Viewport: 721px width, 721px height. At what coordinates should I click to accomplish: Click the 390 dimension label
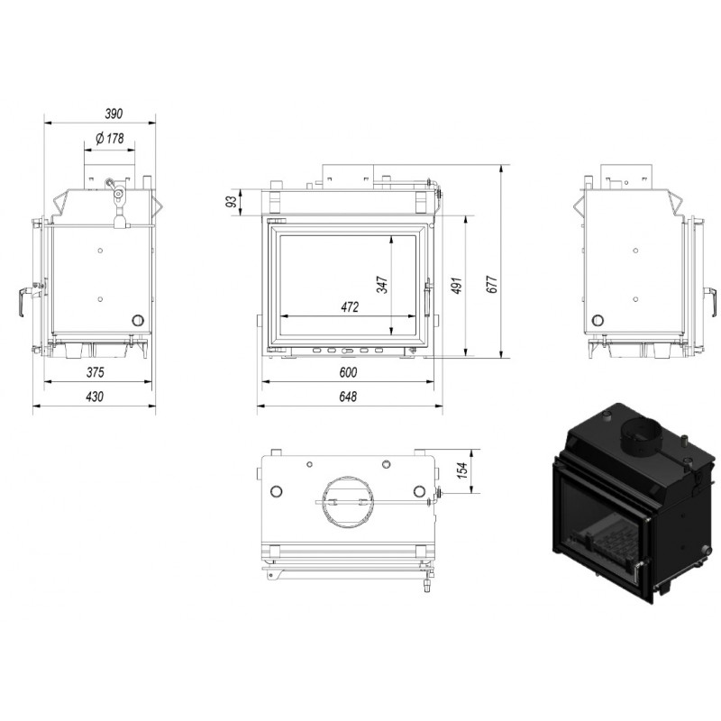[x=114, y=114]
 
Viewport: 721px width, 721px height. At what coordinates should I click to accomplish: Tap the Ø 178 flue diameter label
[x=110, y=138]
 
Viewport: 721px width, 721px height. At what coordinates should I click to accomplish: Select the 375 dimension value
[x=96, y=372]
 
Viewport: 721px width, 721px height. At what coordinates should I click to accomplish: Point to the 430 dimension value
[x=95, y=397]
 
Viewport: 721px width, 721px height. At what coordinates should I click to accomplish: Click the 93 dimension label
[x=233, y=201]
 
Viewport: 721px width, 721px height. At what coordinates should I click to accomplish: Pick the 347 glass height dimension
[x=382, y=285]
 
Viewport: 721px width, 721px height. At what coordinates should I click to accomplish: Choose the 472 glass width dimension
[x=350, y=306]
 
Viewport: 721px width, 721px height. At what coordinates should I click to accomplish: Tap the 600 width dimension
[x=348, y=372]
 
